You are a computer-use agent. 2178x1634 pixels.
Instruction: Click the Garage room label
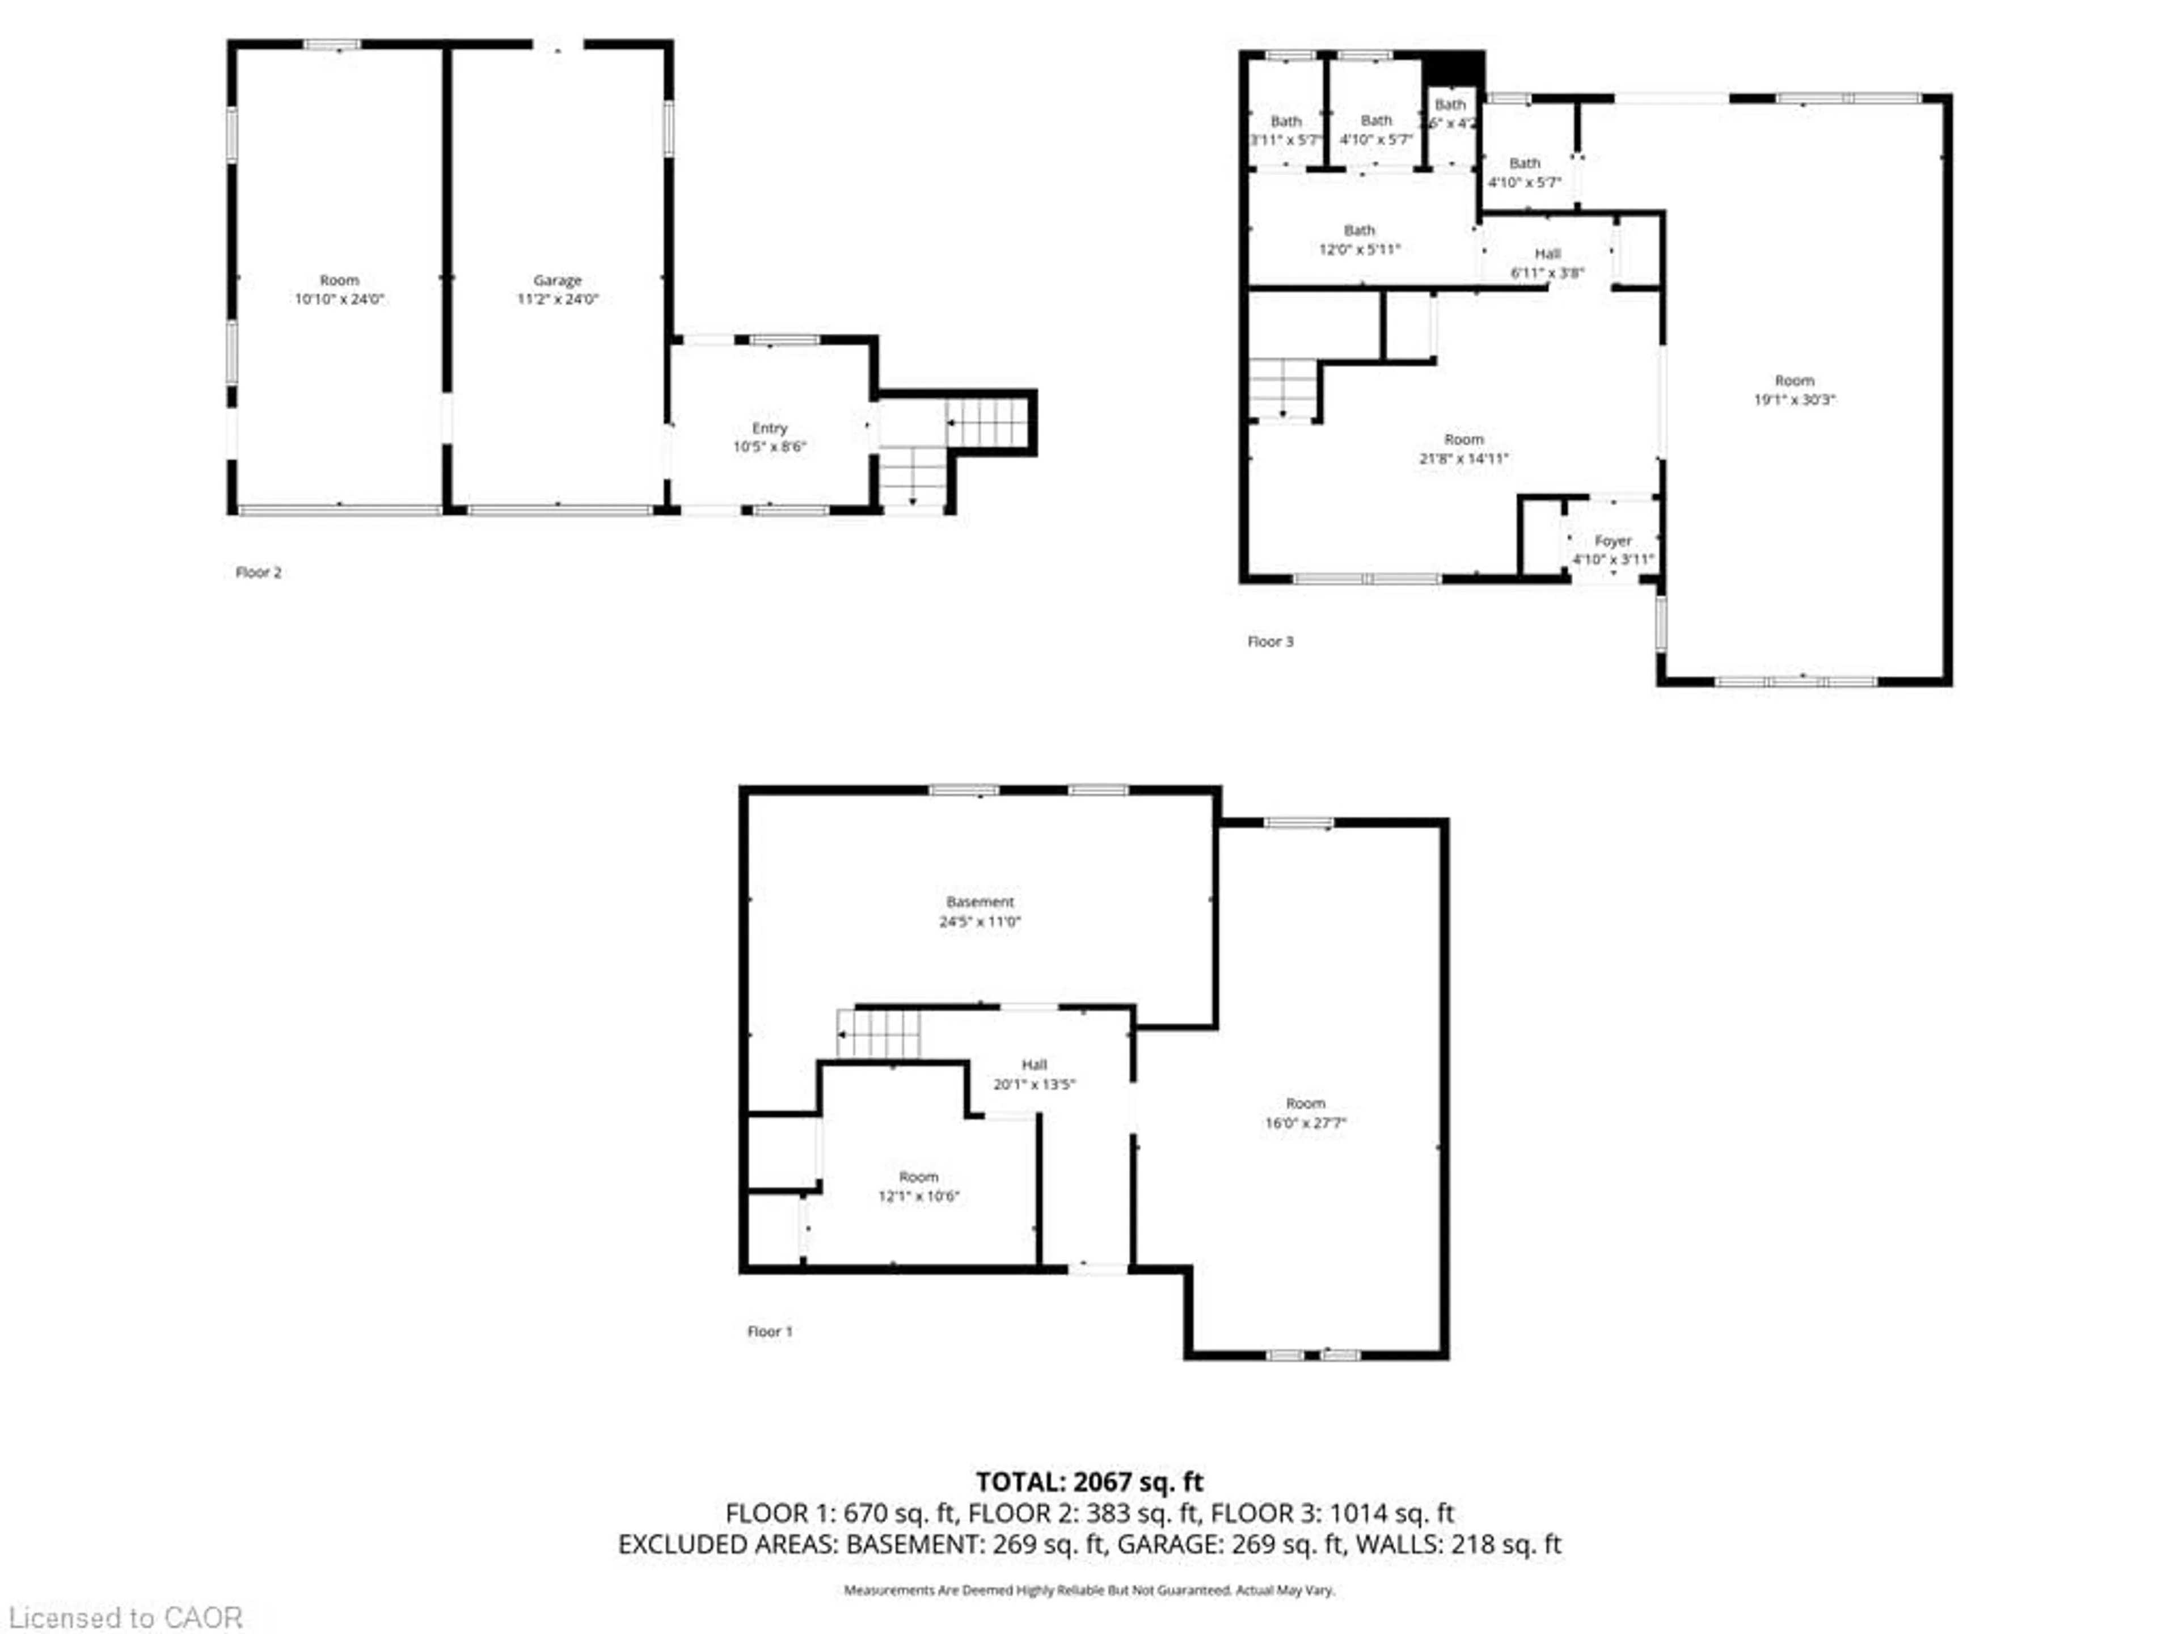tap(558, 281)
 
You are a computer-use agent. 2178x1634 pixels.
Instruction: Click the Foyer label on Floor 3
tap(1613, 541)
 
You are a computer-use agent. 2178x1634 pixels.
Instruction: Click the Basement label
tap(980, 902)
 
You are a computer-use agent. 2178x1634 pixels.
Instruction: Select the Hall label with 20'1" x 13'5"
tap(1034, 1065)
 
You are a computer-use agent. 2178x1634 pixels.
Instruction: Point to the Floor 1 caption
tap(769, 1332)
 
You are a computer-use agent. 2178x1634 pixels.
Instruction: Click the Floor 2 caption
tap(258, 572)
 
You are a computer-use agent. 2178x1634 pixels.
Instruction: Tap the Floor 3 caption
tap(1270, 641)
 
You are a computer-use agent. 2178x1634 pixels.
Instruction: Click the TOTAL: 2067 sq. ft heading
tap(1089, 1481)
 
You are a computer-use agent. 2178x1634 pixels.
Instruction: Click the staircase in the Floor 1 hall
tap(878, 1033)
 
